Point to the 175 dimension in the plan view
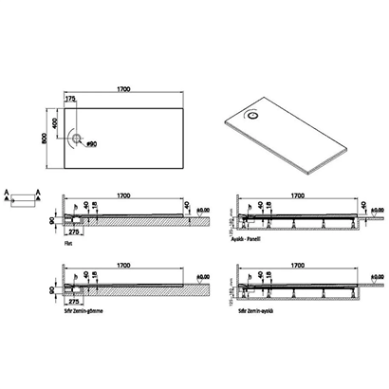click(x=70, y=98)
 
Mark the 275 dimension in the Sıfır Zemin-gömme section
click(x=73, y=302)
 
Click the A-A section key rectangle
click(x=21, y=199)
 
